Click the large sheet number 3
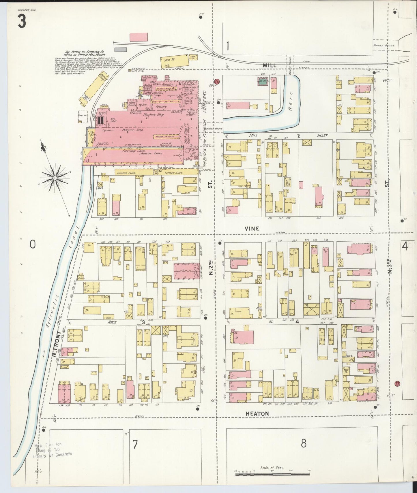(x=22, y=22)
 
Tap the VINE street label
(x=252, y=228)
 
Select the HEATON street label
(x=257, y=413)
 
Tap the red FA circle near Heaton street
(x=397, y=384)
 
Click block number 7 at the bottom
(x=135, y=445)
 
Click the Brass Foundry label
(x=133, y=104)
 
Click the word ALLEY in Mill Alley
(x=322, y=135)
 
